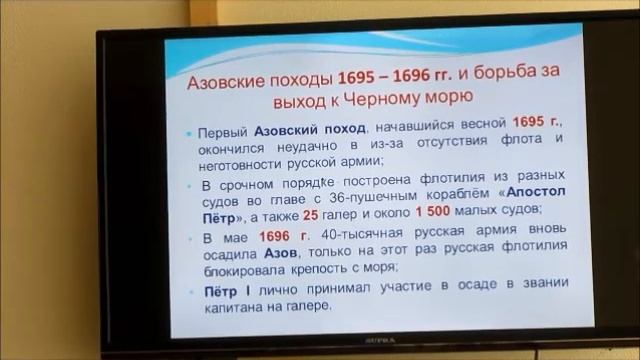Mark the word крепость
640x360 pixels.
tap(343, 269)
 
